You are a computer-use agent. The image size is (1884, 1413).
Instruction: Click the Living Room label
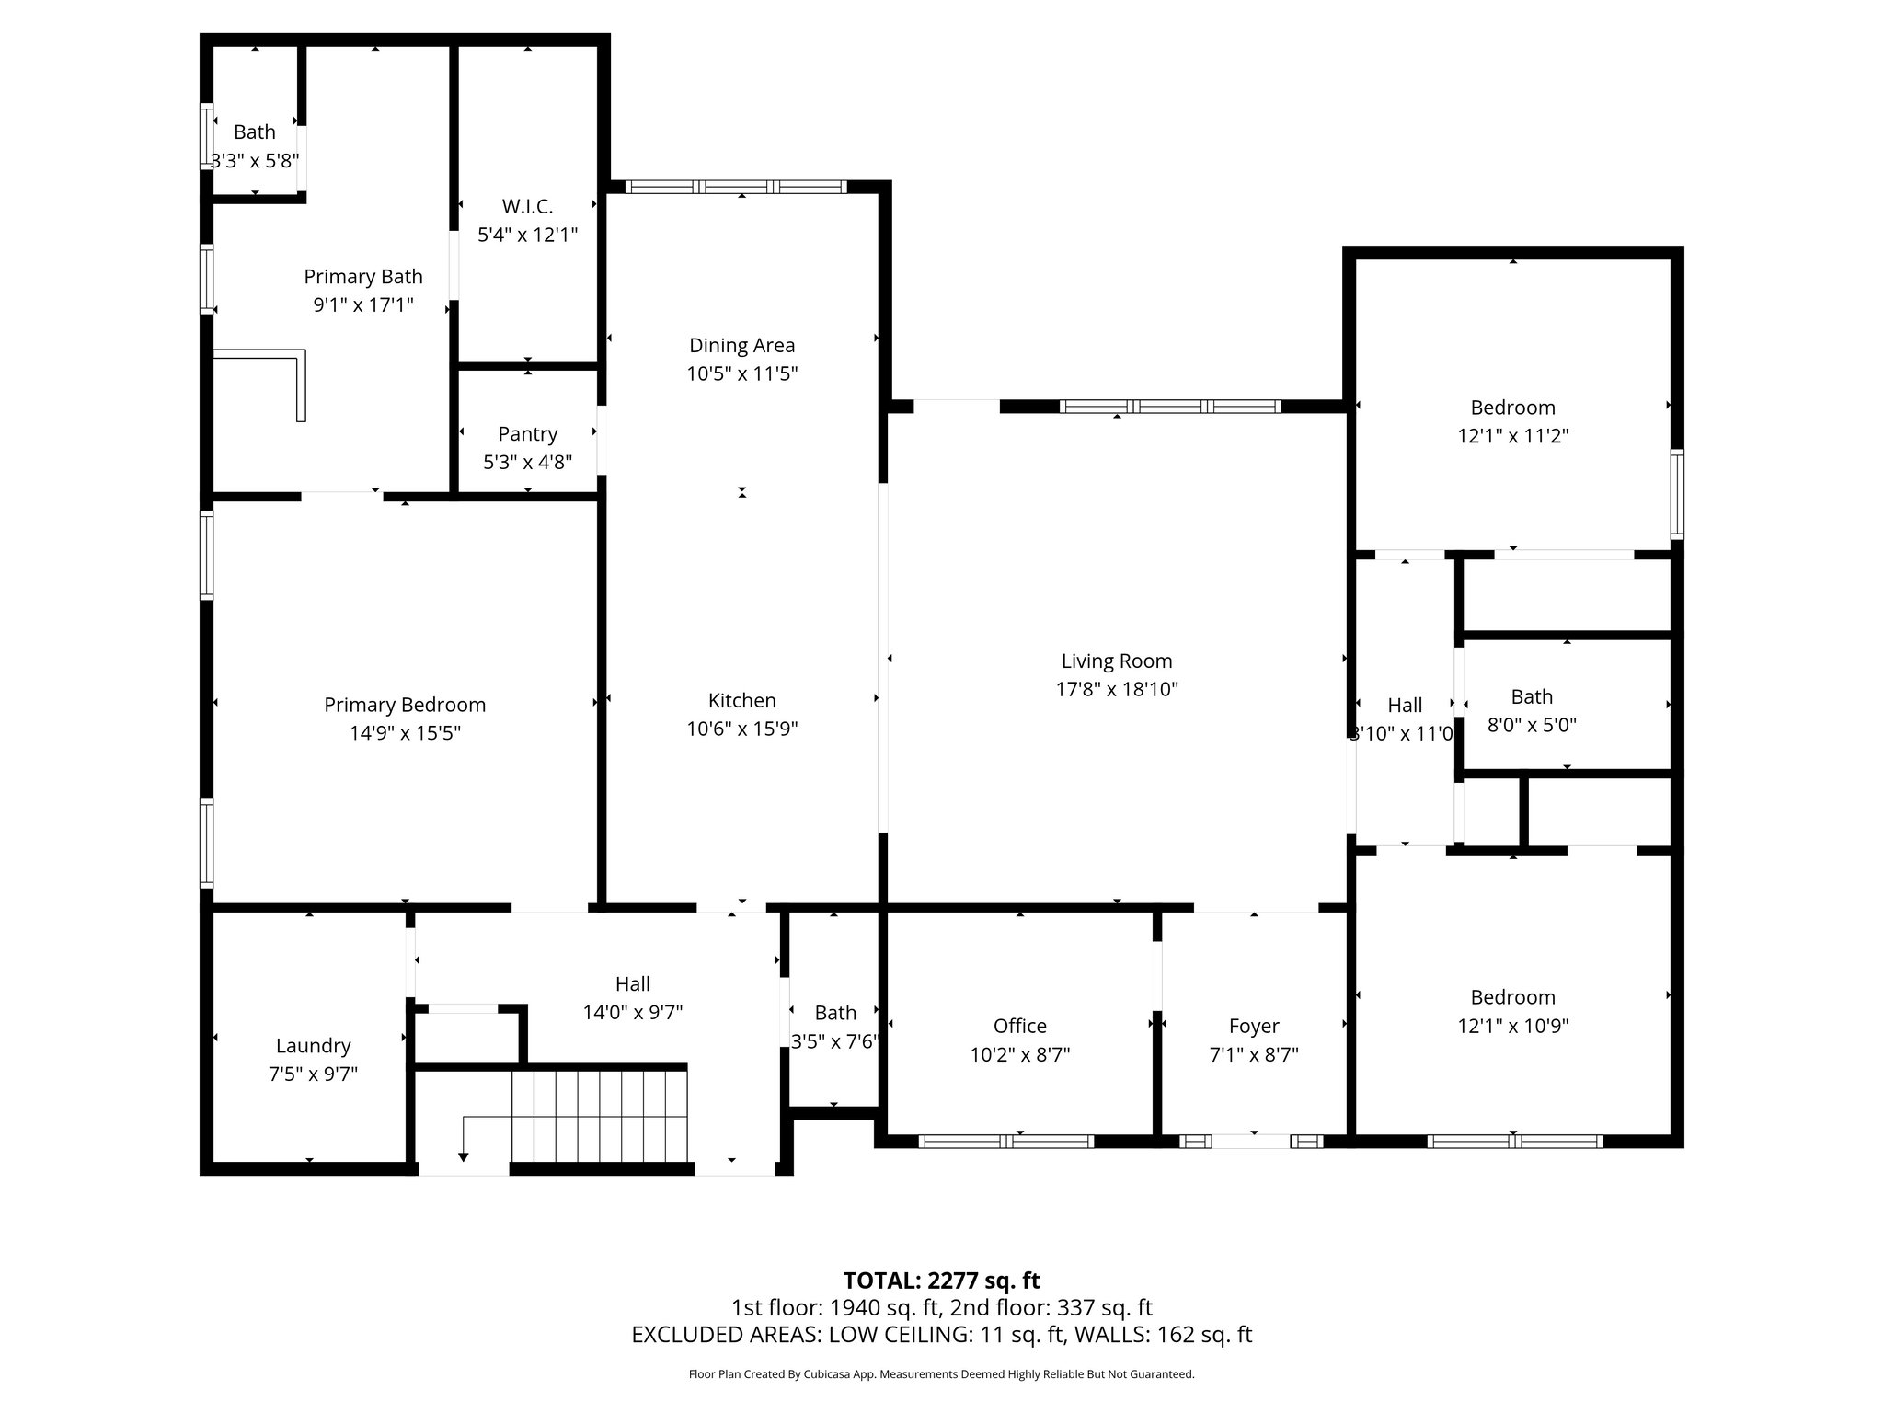1116,661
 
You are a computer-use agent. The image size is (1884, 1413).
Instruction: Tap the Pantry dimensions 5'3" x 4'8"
527,462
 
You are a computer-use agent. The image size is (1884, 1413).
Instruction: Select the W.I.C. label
527,206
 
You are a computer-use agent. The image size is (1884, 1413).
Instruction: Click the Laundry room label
313,1045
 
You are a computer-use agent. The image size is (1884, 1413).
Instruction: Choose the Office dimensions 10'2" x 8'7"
1019,1054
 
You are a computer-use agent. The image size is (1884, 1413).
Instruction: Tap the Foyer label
1253,1026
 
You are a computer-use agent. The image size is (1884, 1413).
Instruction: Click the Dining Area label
741,345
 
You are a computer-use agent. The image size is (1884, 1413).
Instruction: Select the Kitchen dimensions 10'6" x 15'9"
741,729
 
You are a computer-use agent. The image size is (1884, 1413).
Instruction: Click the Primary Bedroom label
405,705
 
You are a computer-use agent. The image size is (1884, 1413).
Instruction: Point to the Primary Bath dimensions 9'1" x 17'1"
363,304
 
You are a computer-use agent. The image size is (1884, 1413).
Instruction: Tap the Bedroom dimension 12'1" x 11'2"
1512,435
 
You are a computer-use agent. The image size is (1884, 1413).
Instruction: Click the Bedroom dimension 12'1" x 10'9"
1512,1025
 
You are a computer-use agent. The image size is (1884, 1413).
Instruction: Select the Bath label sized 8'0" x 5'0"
1531,696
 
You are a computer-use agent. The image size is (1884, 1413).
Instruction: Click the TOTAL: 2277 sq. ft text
941,1280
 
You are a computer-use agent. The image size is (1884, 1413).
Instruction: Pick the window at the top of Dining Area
735,187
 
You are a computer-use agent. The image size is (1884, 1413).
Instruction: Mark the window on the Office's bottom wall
1005,1141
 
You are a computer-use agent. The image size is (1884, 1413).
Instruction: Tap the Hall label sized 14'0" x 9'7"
632,983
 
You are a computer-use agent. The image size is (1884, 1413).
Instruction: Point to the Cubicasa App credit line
941,1374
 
